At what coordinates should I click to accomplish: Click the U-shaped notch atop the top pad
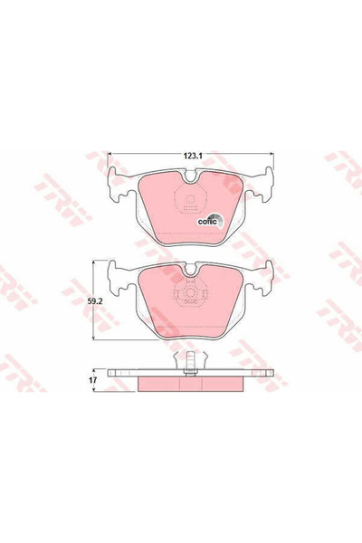coord(190,181)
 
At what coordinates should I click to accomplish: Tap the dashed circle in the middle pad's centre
coord(190,296)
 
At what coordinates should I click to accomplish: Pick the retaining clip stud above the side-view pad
coord(190,361)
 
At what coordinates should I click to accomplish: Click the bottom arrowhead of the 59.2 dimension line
coord(93,338)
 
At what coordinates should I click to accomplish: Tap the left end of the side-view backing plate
coord(110,372)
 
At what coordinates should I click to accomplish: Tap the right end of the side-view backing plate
coord(270,372)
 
